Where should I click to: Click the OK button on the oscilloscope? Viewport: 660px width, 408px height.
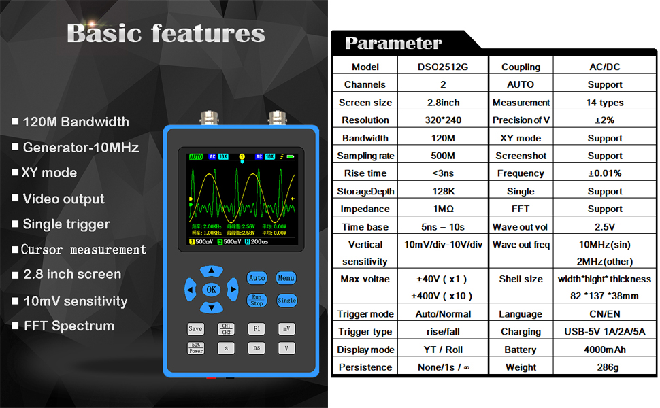[x=212, y=290]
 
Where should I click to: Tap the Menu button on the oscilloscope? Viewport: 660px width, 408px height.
[x=286, y=277]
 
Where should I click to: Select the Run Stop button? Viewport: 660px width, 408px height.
[x=257, y=300]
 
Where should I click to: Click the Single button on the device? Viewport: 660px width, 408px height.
[x=286, y=300]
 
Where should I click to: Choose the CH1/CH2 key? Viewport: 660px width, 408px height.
[x=226, y=329]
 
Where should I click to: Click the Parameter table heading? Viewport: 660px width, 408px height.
[x=393, y=43]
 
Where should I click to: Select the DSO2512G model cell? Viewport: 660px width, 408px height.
[x=443, y=67]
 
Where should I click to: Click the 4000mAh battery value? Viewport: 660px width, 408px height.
[x=605, y=350]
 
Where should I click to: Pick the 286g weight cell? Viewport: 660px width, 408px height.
[x=605, y=367]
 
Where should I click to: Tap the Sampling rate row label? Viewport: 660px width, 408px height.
[x=365, y=156]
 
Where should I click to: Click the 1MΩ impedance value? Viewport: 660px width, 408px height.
[x=443, y=209]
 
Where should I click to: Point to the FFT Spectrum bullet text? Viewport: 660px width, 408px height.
[x=69, y=326]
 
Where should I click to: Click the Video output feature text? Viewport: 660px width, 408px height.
[x=64, y=199]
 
